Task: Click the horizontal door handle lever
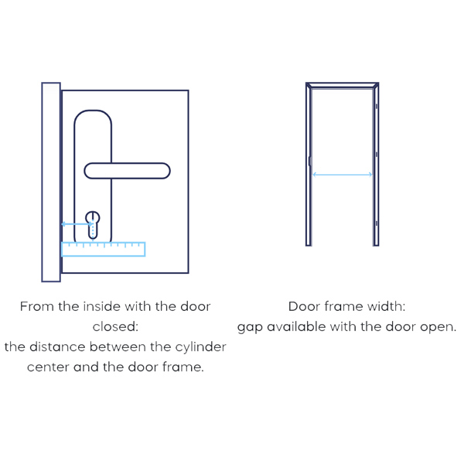click(x=128, y=171)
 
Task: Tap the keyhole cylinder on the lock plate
click(x=93, y=225)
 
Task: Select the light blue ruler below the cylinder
click(x=104, y=249)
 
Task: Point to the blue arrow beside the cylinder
click(x=77, y=224)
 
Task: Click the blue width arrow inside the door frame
click(x=343, y=175)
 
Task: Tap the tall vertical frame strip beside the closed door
click(x=51, y=182)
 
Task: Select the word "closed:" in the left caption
click(x=115, y=326)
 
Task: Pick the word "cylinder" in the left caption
click(x=200, y=347)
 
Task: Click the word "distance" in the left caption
click(x=57, y=346)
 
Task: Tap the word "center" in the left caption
click(x=48, y=367)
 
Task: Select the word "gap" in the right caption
click(x=250, y=328)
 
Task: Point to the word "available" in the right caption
click(x=297, y=326)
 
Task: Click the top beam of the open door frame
click(x=343, y=85)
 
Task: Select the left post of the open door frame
click(x=309, y=164)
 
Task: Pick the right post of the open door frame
click(x=376, y=164)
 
